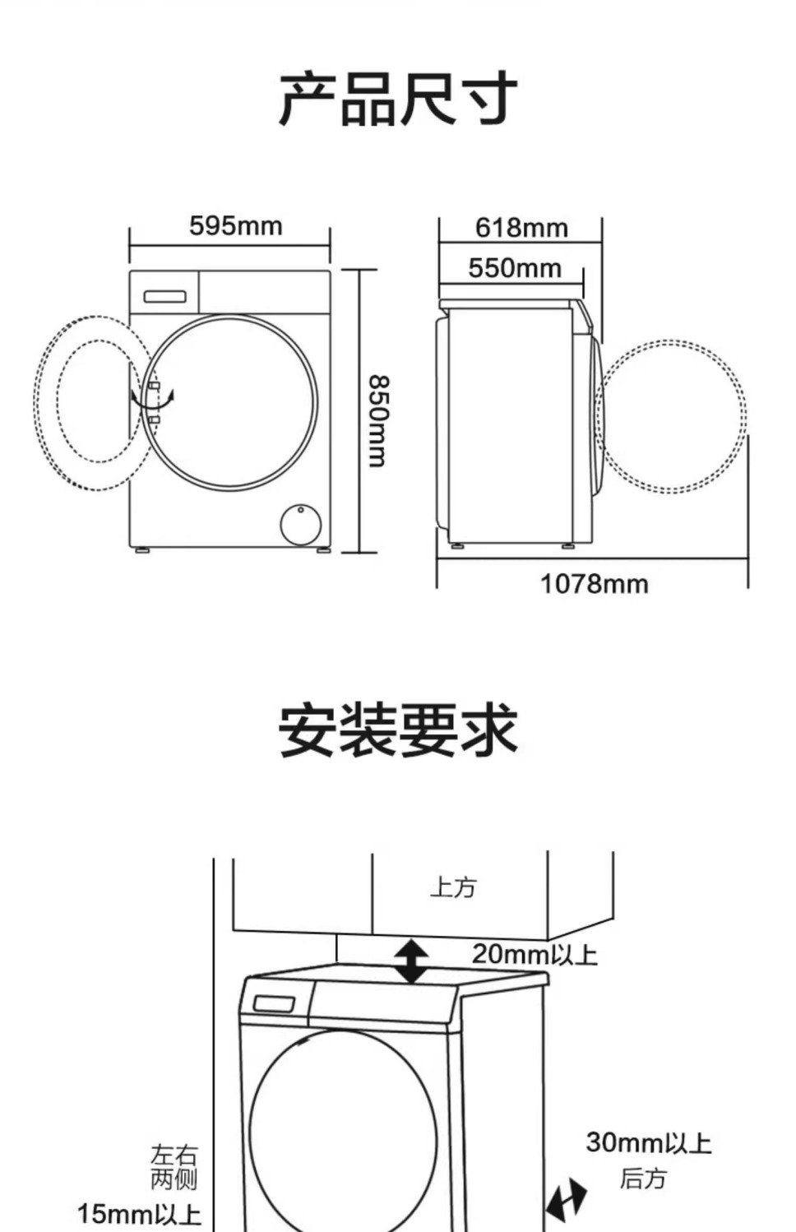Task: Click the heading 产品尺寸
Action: pos(398,100)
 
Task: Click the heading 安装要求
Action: pos(398,729)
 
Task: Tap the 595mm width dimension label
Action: pos(235,225)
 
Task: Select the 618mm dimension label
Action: pos(521,227)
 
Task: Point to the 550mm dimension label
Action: pos(515,267)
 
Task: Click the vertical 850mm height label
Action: pos(377,420)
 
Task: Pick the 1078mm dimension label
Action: pos(594,584)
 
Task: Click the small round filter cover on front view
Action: pos(299,523)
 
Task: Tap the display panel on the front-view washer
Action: pos(165,297)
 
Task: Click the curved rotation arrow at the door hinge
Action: pos(153,401)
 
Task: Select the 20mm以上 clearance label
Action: pos(535,954)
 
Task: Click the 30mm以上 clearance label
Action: pos(648,1142)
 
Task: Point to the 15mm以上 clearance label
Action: pos(139,1213)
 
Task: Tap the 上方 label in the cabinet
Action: pos(453,887)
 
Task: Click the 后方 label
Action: pos(643,1179)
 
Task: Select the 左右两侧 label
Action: pos(174,1167)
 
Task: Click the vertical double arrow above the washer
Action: pos(411,961)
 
